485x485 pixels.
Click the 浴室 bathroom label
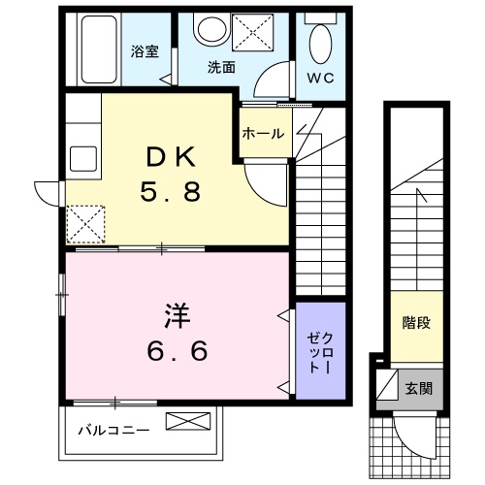coord(145,52)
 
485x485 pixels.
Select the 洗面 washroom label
coord(221,67)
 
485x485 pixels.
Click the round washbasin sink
coord(208,31)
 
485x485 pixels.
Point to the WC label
coord(319,78)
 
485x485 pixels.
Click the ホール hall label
coord(263,134)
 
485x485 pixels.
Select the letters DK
coord(173,157)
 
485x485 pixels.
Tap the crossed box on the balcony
coord(187,422)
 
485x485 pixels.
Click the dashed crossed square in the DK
coord(85,224)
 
